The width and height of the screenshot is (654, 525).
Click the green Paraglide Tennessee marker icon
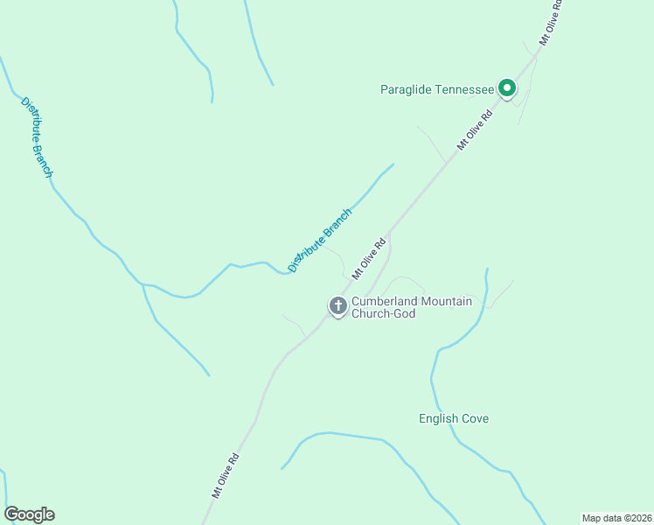click(506, 87)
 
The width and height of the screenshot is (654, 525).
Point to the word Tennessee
click(463, 89)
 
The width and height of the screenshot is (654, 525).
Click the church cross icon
click(337, 305)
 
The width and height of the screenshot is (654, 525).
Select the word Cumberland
click(385, 301)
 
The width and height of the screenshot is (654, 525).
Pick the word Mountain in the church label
click(446, 301)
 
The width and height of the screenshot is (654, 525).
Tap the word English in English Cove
click(439, 418)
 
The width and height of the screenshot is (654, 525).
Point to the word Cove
click(476, 418)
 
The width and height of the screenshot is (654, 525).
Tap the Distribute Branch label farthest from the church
click(37, 136)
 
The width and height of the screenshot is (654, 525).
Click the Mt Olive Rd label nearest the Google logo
click(225, 475)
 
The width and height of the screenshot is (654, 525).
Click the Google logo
click(30, 514)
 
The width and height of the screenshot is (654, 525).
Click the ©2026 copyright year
click(636, 517)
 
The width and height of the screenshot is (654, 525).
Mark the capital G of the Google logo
click(11, 514)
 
